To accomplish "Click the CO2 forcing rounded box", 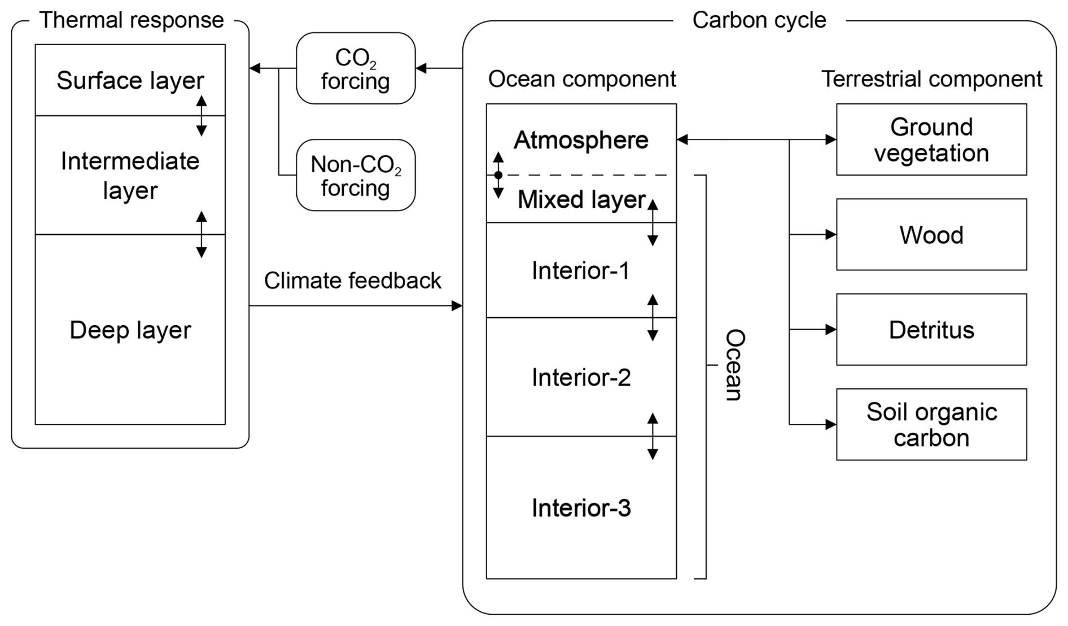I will pos(356,68).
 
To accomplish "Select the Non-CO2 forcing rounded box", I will pos(356,175).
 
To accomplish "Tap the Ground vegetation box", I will pos(931,139).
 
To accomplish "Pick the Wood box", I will pos(931,234).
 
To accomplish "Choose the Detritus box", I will pos(931,329).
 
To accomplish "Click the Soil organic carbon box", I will pos(931,424).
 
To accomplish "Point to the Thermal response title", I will pos(131,20).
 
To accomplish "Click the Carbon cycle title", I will pos(759,20).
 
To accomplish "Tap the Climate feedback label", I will pos(352,281).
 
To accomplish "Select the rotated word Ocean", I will pos(734,365).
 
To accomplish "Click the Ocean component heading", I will pos(581,79).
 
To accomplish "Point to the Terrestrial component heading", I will pos(931,79).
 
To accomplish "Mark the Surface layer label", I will pos(130,81).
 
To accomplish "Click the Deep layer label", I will pos(130,330).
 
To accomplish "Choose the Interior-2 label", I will pos(581,378).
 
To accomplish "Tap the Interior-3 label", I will pos(581,508).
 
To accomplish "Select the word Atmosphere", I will pos(581,140).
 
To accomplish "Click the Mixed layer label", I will pos(581,200).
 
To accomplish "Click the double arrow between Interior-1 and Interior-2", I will pos(653,317).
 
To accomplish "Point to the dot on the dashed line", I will pos(498,176).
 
